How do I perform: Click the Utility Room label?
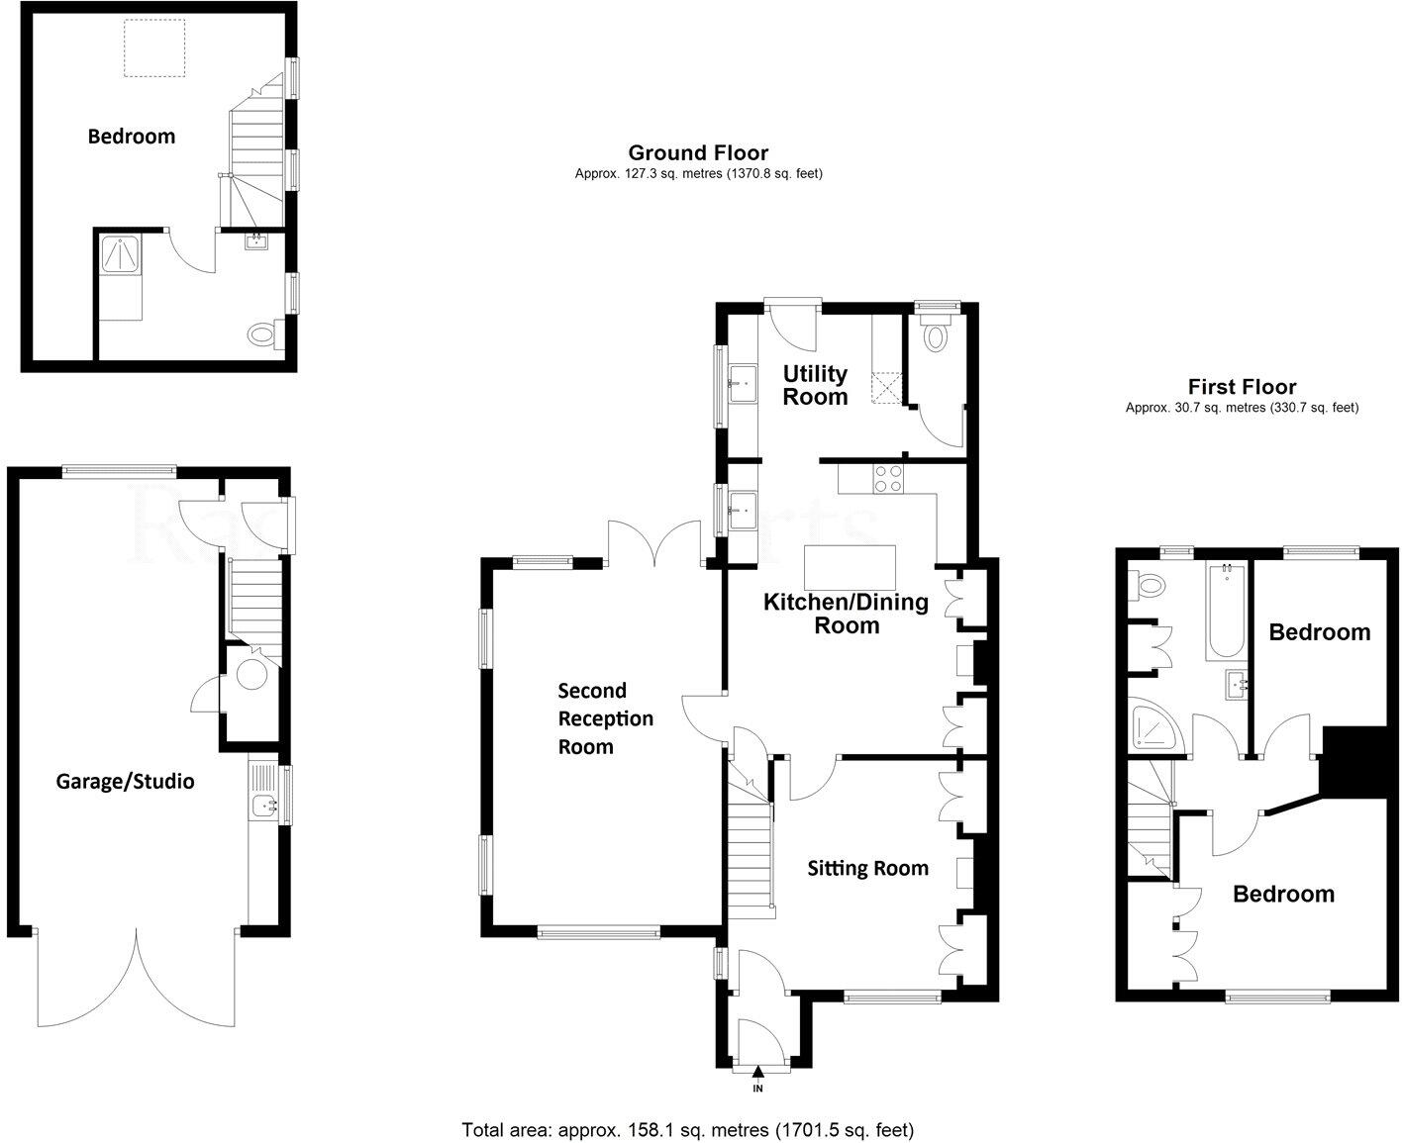(x=815, y=385)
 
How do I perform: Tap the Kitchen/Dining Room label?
(x=846, y=614)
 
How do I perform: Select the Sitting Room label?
(x=867, y=868)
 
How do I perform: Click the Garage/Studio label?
(x=125, y=781)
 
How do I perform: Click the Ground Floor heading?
(x=698, y=152)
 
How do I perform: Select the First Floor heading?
(x=1242, y=387)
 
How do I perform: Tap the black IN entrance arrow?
(x=758, y=1072)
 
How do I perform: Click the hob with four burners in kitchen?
(x=887, y=479)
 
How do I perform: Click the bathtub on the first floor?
(x=1226, y=611)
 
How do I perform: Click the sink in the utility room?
(x=741, y=383)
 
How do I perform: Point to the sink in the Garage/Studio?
(x=263, y=805)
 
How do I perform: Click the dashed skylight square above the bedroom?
(x=153, y=48)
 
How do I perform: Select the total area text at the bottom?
(x=687, y=1129)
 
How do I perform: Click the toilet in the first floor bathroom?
(x=1149, y=587)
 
